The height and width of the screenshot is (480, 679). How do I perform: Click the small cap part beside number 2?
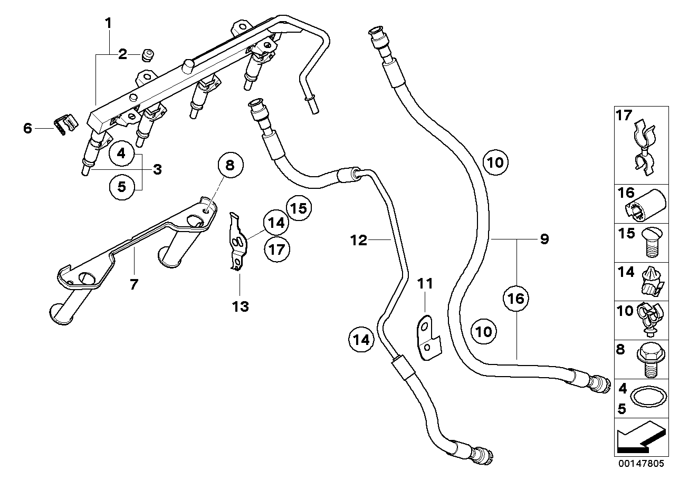click(148, 54)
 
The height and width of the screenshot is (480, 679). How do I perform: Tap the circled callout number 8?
click(231, 166)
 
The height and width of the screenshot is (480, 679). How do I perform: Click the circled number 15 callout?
click(299, 208)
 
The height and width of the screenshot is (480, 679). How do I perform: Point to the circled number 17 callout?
click(277, 249)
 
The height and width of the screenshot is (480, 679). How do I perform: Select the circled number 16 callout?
click(515, 299)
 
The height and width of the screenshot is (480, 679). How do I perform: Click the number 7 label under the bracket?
click(134, 284)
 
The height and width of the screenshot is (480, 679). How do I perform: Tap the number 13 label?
click(241, 306)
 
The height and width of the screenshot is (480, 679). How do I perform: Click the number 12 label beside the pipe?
click(359, 241)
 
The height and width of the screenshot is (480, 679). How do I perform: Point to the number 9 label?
click(544, 239)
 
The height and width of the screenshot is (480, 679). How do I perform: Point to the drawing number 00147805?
click(642, 463)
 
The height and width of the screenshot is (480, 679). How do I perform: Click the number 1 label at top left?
click(108, 23)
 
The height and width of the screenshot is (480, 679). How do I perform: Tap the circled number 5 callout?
click(121, 187)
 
